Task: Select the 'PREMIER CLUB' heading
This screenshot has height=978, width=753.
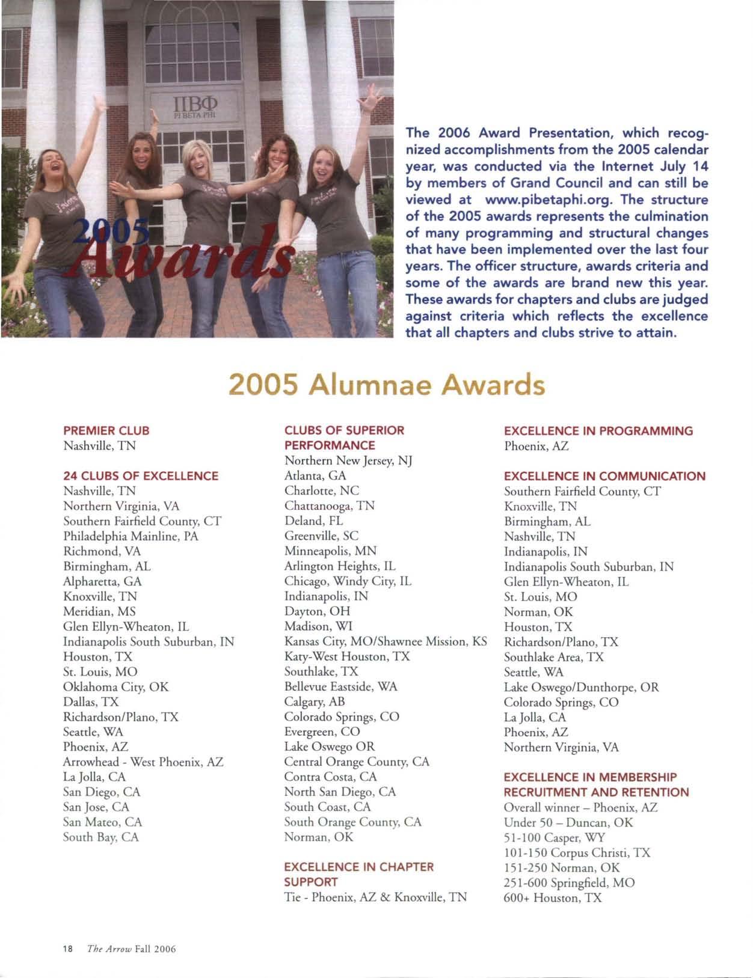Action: click(106, 430)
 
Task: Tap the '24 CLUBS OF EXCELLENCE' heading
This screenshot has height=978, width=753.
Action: click(141, 476)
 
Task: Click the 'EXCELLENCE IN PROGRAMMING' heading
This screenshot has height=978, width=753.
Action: click(598, 431)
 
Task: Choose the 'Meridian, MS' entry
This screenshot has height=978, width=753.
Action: click(99, 611)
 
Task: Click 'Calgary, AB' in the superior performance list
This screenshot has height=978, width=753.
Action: click(315, 701)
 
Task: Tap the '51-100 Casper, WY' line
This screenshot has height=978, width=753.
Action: click(555, 838)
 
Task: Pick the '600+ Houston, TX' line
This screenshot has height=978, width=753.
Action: click(553, 898)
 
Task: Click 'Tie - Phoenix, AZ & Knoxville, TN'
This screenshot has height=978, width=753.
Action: click(375, 897)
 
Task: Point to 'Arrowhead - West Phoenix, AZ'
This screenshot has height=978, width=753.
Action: click(143, 762)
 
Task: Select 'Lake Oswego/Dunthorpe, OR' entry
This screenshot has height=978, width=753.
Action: click(581, 687)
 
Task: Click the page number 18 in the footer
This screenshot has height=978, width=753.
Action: click(67, 949)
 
